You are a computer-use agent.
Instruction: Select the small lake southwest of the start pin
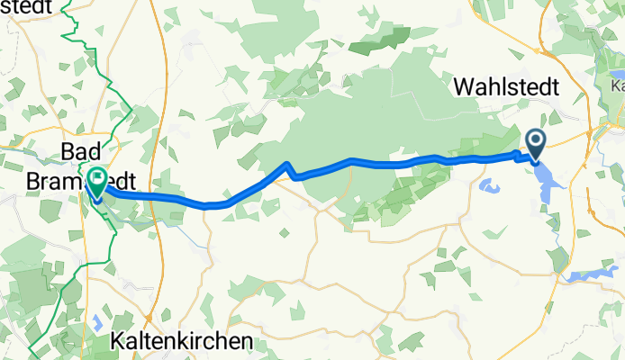[492, 187]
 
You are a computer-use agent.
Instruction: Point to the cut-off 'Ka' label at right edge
[617, 86]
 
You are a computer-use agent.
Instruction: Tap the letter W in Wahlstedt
[466, 86]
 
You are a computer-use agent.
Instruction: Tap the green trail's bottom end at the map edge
[32, 357]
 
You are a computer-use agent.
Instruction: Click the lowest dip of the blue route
[207, 205]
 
